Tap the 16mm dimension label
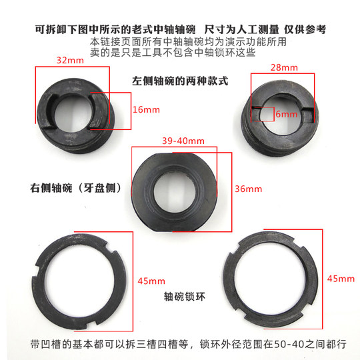(146, 109)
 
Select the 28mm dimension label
(285, 68)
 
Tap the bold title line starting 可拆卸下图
(180, 30)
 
